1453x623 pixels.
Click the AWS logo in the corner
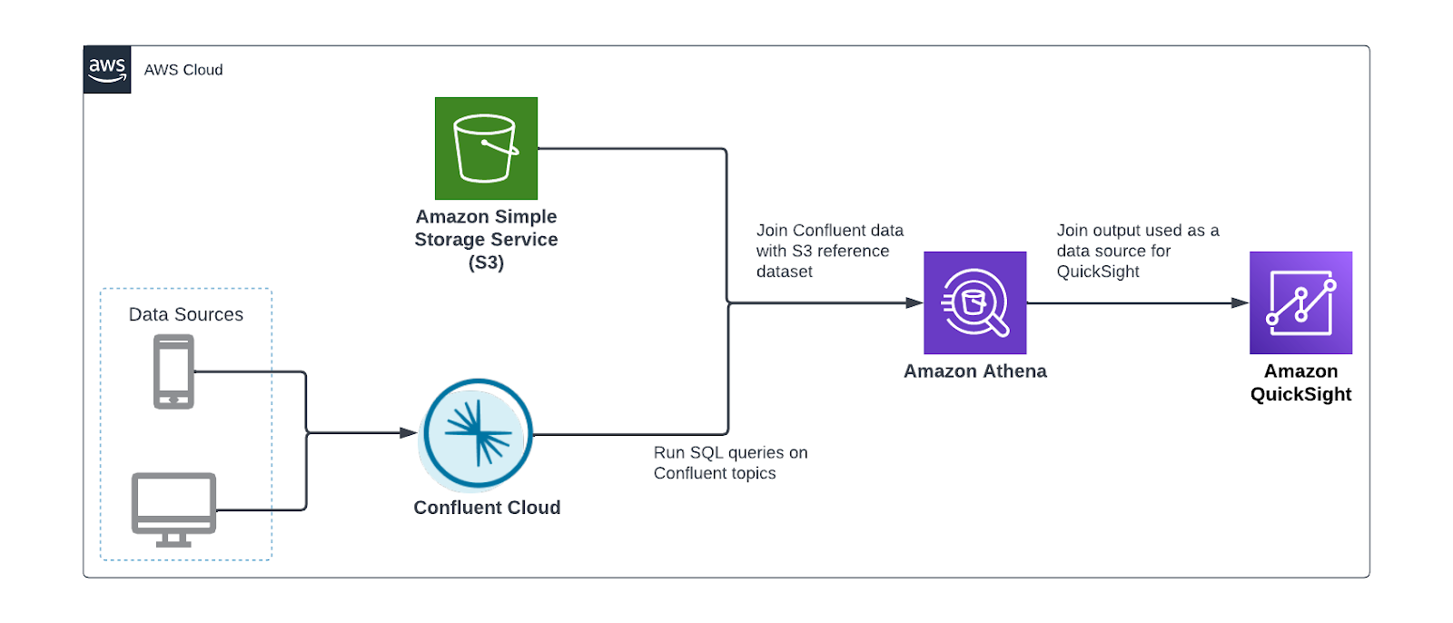107,69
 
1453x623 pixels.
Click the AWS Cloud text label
183,70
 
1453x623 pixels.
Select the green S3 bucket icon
486,148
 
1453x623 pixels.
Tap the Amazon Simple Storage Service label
486,239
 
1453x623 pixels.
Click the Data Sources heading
186,314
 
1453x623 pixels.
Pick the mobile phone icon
173,371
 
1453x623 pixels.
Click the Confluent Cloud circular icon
478,434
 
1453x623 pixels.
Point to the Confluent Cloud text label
487,508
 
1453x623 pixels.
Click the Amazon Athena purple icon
974,302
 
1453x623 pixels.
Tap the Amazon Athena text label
974,371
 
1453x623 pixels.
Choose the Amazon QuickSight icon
1300,302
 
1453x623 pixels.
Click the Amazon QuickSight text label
1300,382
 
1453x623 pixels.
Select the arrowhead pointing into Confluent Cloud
409,433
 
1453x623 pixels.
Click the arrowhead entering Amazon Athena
914,302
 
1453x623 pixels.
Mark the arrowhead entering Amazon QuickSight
1240,302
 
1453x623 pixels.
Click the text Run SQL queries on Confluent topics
730,462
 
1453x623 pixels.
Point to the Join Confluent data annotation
829,251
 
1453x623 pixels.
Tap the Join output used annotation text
1137,251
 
